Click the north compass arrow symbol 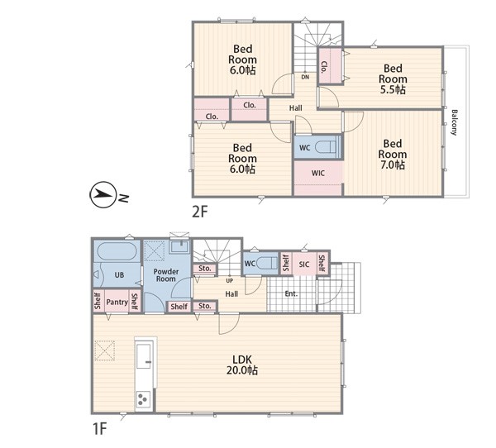pos(103,194)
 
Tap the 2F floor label pos(199,212)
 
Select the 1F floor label pos(99,429)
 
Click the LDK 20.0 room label pos(242,365)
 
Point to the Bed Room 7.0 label pos(392,154)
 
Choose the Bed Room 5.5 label pos(393,79)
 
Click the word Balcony pos(454,122)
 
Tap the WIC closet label pos(317,173)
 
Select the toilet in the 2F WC pos(327,147)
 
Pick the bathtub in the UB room pos(117,251)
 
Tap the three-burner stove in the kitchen pos(143,399)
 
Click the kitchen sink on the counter pos(144,356)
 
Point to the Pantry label pos(117,303)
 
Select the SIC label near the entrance pos(304,264)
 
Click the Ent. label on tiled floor pos(291,293)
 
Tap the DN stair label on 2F pos(305,77)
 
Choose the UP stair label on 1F pos(230,280)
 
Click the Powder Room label pos(166,275)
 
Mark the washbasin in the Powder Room pos(179,246)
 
